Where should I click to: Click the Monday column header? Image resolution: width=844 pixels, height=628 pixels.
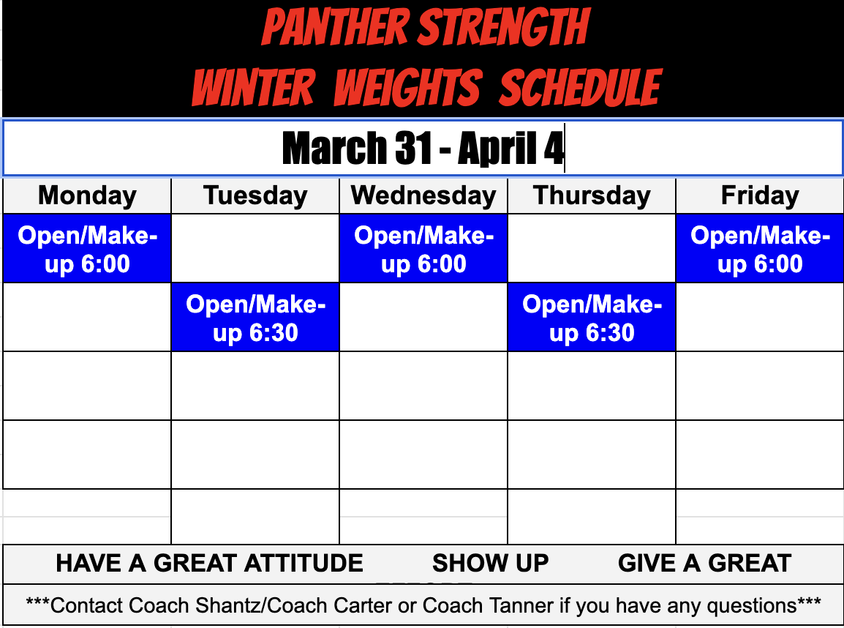point(87,196)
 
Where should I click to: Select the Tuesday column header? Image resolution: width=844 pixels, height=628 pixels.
point(255,196)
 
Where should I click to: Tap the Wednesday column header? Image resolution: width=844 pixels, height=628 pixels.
point(423,196)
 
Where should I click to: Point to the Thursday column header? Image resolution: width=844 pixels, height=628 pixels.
point(592,196)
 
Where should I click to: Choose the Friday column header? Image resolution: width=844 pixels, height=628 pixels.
point(760,196)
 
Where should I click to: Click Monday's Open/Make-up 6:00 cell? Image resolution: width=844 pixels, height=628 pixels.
point(87,249)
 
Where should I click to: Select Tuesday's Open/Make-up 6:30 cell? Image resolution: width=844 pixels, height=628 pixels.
point(255,318)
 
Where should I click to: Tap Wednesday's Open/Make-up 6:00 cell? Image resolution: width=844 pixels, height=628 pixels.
point(423,249)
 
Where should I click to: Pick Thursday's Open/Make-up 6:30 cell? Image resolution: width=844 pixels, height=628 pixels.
point(592,318)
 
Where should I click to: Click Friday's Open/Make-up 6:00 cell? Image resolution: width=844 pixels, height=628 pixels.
point(760,249)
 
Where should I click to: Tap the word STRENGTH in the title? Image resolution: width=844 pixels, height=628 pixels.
point(504,28)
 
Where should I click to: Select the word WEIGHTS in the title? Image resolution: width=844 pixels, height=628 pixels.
point(407,88)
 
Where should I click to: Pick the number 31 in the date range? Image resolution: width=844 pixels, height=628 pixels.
point(415,149)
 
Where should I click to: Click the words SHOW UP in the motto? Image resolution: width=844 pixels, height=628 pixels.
point(490,563)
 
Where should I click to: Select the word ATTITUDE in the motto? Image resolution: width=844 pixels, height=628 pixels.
point(304,563)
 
